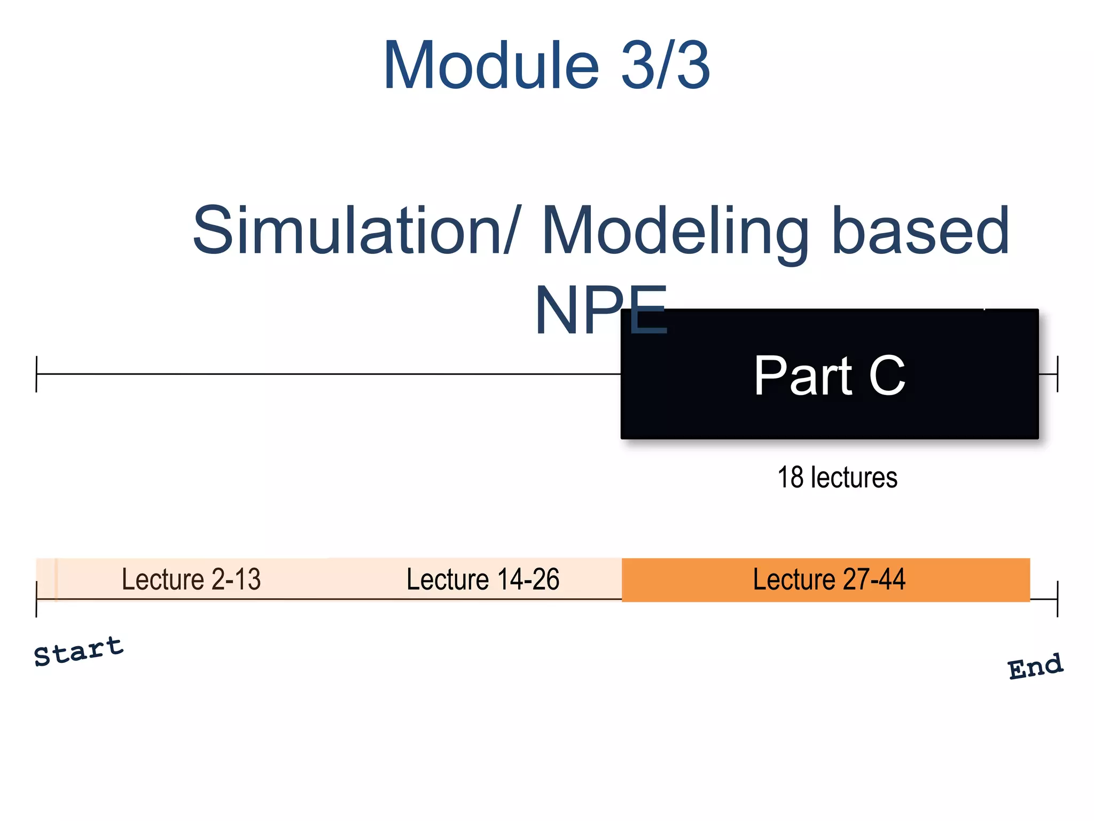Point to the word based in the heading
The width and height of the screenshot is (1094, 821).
click(920, 231)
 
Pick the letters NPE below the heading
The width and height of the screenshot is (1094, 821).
click(601, 311)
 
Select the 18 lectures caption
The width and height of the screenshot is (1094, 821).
click(837, 477)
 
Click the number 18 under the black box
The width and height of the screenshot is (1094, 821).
click(791, 477)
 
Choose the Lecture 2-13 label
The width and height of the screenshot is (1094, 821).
click(191, 579)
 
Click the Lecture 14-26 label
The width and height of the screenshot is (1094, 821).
click(483, 579)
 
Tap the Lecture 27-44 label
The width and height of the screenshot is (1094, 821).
click(829, 579)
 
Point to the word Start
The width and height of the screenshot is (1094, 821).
click(79, 652)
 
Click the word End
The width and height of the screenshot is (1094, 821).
click(1035, 667)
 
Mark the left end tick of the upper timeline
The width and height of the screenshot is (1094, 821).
click(36, 374)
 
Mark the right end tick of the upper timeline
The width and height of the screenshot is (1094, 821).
click(1057, 374)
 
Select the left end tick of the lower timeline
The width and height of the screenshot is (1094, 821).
click(36, 599)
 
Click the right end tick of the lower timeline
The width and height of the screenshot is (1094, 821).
click(1057, 599)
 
